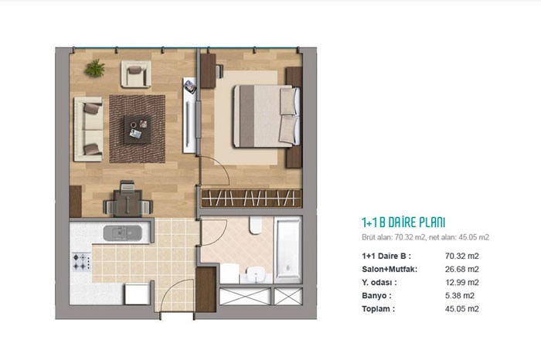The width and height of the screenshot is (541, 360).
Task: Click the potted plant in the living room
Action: (x=95, y=68)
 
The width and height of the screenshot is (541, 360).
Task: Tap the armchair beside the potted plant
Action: (x=136, y=74)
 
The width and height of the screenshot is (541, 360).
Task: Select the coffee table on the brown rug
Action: (x=138, y=129)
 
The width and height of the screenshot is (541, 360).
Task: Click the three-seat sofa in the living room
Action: (x=89, y=129)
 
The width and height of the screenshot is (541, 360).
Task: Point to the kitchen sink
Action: (x=122, y=233)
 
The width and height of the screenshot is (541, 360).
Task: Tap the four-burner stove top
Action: (x=81, y=262)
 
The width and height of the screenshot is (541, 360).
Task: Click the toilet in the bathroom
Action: (x=256, y=225)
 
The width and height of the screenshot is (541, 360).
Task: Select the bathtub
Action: (x=288, y=250)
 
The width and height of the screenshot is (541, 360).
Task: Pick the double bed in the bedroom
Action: (x=267, y=116)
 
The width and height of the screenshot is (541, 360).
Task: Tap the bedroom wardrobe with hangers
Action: (x=251, y=199)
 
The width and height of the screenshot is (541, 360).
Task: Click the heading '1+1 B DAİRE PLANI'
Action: (x=403, y=222)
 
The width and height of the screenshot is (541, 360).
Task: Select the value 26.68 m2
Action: (x=461, y=269)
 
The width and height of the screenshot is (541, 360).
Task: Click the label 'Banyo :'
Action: (x=376, y=296)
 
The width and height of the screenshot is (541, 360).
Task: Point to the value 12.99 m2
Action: (x=461, y=283)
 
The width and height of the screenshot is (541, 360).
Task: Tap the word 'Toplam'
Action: (x=376, y=308)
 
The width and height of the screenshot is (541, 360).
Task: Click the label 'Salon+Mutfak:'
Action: (x=390, y=269)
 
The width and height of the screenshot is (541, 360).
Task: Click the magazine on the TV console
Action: (x=190, y=87)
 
